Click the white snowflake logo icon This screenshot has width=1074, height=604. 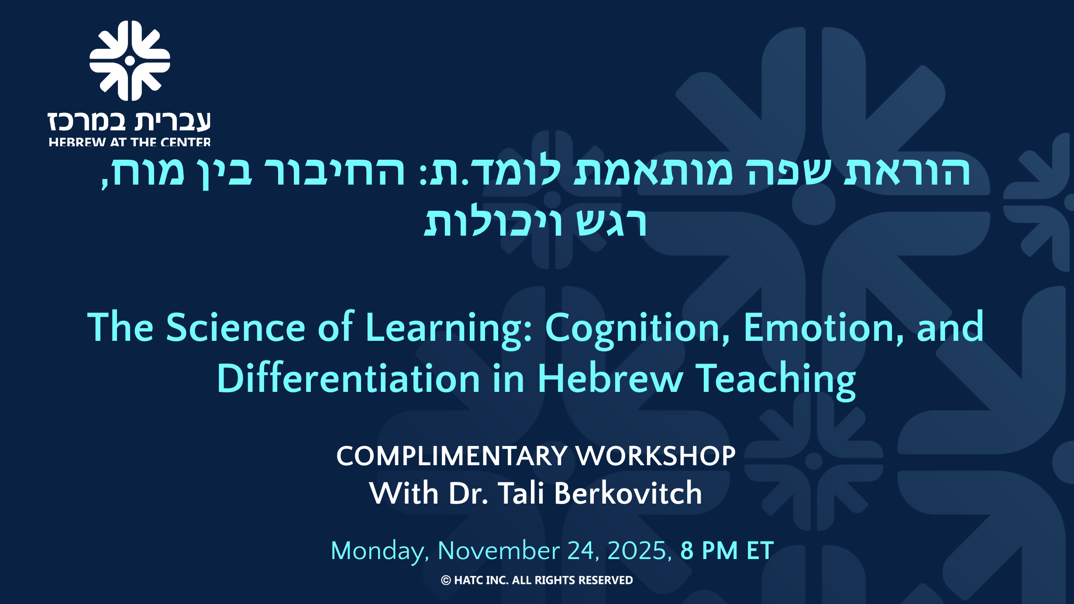pos(130,61)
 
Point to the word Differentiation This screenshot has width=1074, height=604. pos(348,378)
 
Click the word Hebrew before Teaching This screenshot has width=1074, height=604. pos(609,378)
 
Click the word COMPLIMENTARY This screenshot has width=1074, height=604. pos(452,456)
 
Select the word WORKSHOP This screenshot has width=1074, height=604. pos(655,456)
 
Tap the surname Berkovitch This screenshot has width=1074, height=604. pos(628,493)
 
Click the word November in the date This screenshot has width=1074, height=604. pos(499,551)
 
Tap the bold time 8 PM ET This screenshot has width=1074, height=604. pos(727,551)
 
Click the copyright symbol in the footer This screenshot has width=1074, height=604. pos(446,580)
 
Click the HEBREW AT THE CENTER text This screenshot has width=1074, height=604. pos(130,142)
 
